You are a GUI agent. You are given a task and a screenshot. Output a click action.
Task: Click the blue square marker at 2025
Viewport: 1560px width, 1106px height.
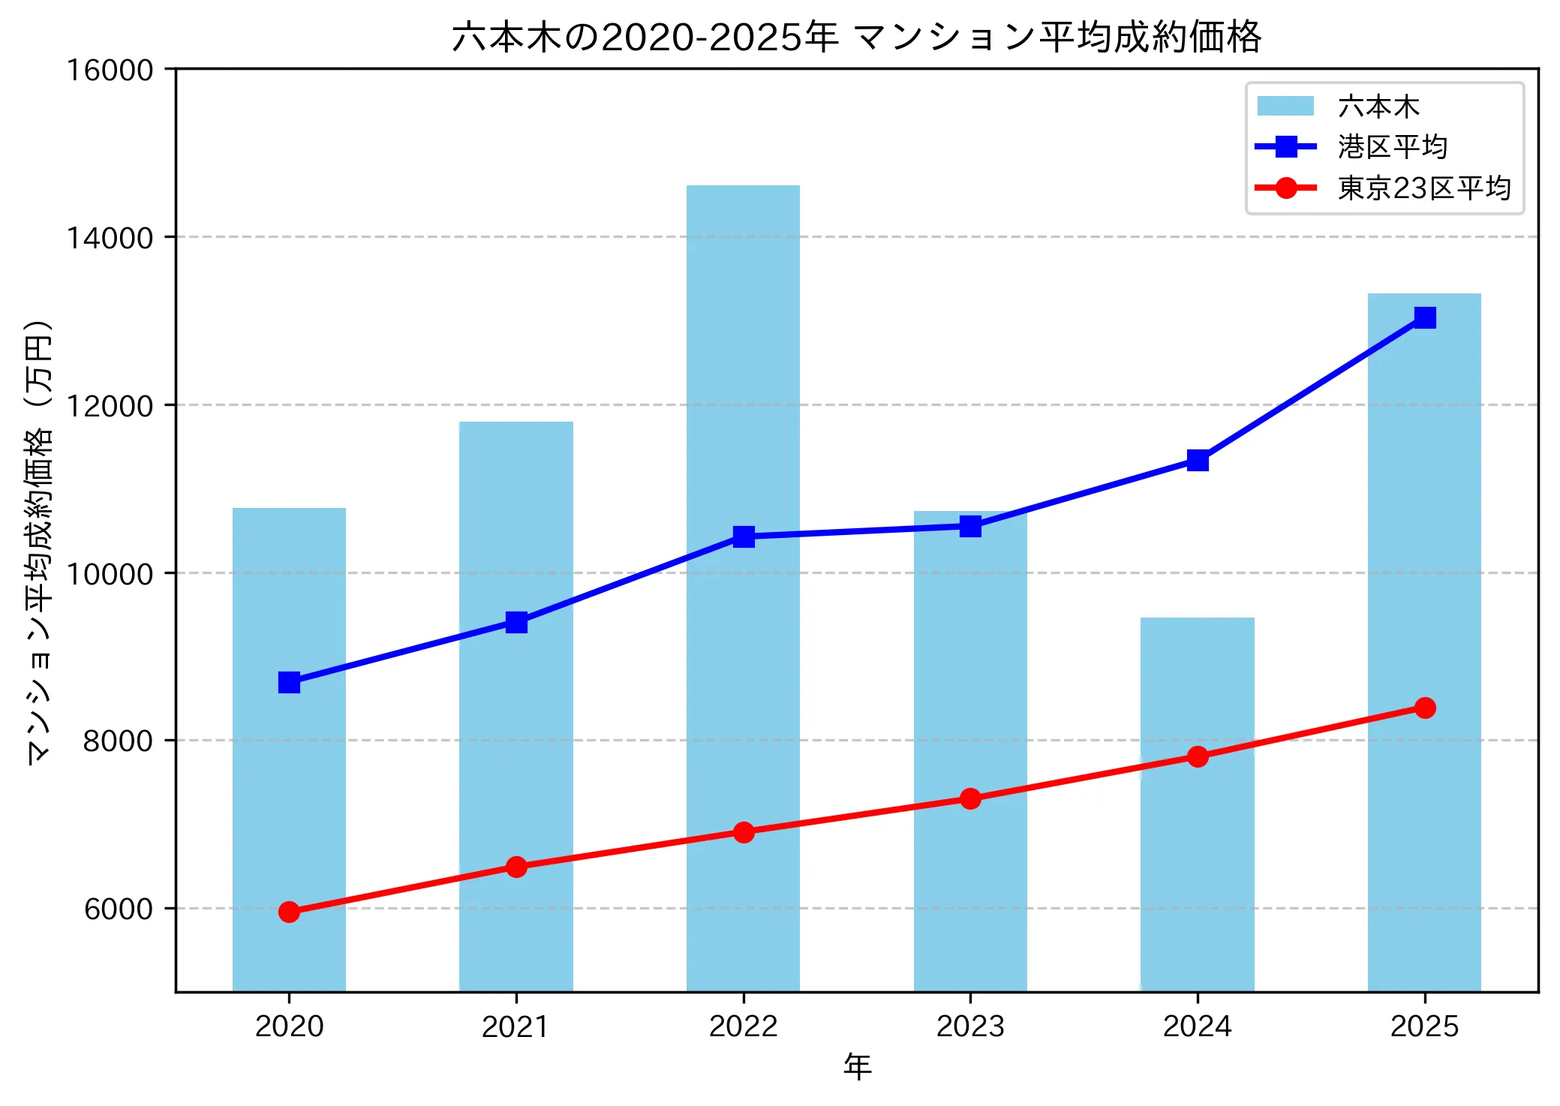pyautogui.click(x=1424, y=317)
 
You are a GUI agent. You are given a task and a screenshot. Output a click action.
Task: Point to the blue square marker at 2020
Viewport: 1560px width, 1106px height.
pyautogui.click(x=289, y=682)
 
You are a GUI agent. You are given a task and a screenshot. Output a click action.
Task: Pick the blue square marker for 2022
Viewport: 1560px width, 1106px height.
pyautogui.click(x=743, y=536)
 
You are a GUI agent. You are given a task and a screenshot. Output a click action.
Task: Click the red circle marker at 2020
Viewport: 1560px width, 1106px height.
pyautogui.click(x=289, y=912)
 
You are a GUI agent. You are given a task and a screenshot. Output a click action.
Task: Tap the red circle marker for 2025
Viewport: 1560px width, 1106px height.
pyautogui.click(x=1424, y=708)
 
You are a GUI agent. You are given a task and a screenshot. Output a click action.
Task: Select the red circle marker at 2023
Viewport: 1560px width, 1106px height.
pyautogui.click(x=970, y=798)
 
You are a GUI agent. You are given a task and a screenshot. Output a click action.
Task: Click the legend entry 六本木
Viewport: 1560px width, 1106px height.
pyautogui.click(x=1378, y=107)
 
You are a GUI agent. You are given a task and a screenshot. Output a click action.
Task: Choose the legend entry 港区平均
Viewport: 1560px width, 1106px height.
pyautogui.click(x=1392, y=147)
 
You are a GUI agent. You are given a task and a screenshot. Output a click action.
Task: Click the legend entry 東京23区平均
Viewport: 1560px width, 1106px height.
pyautogui.click(x=1423, y=188)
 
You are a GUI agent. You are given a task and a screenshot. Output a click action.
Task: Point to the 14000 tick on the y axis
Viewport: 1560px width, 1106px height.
pyautogui.click(x=110, y=238)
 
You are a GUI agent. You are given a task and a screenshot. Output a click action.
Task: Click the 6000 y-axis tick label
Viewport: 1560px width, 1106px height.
pyautogui.click(x=118, y=909)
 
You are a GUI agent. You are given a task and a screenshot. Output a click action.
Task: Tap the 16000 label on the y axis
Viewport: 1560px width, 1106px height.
pyautogui.click(x=110, y=71)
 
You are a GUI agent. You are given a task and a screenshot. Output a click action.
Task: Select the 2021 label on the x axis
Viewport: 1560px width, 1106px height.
pyautogui.click(x=515, y=1026)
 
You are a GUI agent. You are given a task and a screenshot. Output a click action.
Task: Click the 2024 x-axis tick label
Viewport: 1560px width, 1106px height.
pyautogui.click(x=1197, y=1026)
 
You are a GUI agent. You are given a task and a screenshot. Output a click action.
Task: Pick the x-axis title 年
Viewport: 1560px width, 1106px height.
pyautogui.click(x=857, y=1066)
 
